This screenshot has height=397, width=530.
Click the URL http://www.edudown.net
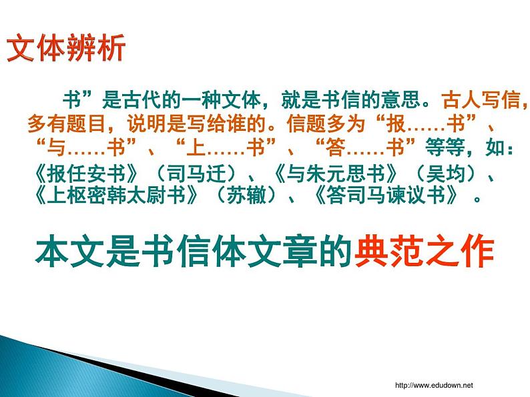click(434, 385)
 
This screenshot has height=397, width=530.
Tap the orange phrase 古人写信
click(480, 101)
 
